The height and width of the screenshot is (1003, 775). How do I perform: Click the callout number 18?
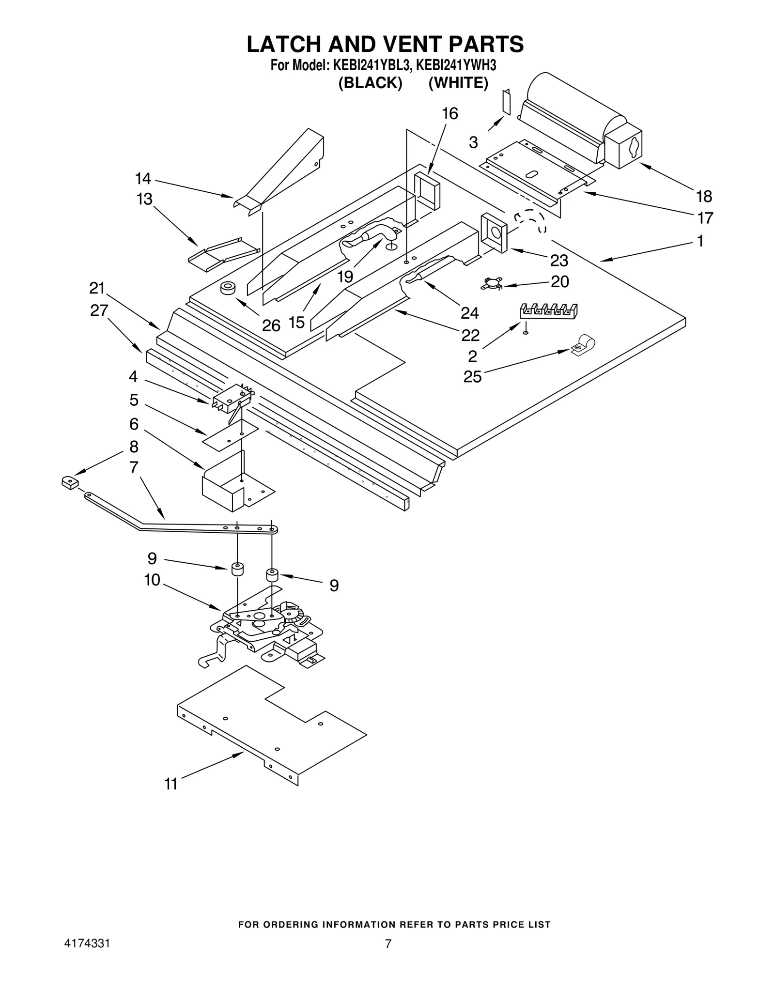click(704, 196)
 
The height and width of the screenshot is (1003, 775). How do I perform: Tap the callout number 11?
click(171, 784)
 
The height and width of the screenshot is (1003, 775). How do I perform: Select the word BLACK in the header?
click(370, 83)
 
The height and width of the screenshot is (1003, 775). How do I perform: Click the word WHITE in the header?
click(458, 83)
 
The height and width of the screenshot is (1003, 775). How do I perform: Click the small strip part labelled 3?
click(507, 102)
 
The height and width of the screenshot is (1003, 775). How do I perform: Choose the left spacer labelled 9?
click(237, 569)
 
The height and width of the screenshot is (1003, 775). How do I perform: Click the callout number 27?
click(99, 310)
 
